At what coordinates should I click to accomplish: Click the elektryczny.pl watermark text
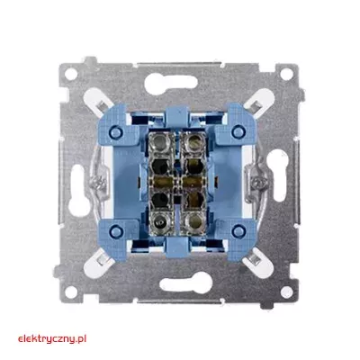pos(52,339)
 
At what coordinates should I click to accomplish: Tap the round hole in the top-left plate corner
pos(71,74)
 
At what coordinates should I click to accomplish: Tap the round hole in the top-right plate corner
pos(286,74)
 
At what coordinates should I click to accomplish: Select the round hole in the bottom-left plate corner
pos(71,292)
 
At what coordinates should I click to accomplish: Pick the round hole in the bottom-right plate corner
pos(286,292)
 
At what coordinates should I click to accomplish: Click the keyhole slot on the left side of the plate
pos(78,191)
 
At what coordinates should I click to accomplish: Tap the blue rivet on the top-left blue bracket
pos(116,131)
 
